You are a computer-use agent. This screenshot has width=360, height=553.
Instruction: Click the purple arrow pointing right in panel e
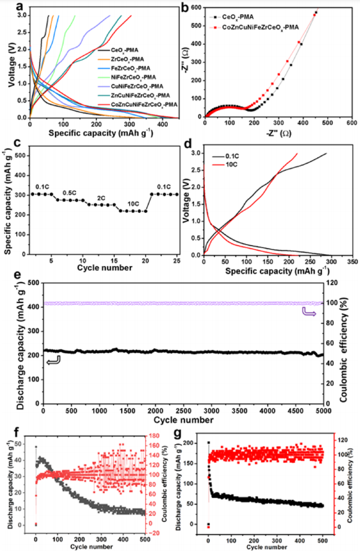[x=307, y=315]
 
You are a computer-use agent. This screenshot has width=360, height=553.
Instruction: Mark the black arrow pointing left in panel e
[x=52, y=360]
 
